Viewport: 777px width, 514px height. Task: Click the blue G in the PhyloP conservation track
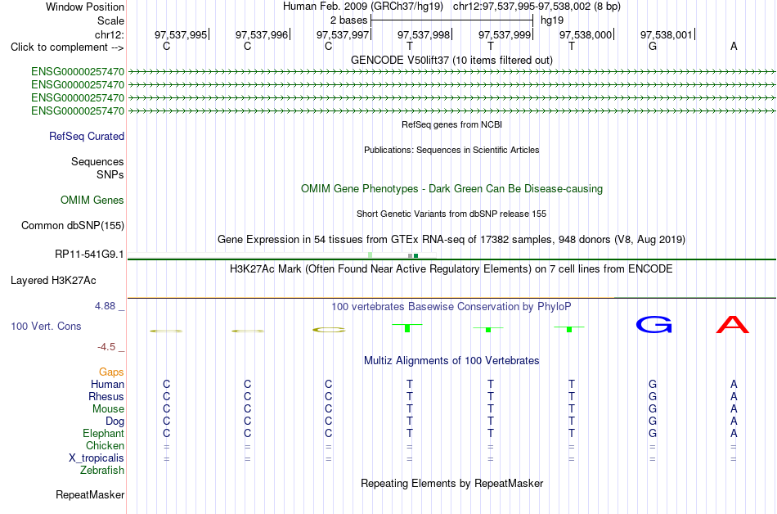tap(654, 325)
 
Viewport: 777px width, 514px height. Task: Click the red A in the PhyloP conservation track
tap(733, 325)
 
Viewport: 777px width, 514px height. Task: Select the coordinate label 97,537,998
tap(424, 34)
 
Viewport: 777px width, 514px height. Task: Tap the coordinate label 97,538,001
tap(667, 34)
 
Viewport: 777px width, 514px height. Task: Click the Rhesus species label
tap(106, 396)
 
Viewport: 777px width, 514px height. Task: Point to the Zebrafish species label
tap(102, 470)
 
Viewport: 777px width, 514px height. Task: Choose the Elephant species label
tap(103, 433)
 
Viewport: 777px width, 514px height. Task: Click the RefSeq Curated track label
tap(87, 137)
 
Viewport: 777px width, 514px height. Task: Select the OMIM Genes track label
tap(92, 200)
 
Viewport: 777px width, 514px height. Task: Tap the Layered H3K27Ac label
tap(53, 281)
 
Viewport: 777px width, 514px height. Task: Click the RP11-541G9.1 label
tap(89, 254)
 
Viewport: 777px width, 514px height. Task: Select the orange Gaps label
tap(111, 372)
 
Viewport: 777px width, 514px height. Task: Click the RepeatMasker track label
tap(90, 494)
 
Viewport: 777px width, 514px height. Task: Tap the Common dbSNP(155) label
tap(72, 226)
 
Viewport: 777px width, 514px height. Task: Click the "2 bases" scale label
tap(349, 20)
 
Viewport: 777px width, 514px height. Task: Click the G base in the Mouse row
tap(653, 409)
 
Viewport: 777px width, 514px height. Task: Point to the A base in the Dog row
tap(734, 421)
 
